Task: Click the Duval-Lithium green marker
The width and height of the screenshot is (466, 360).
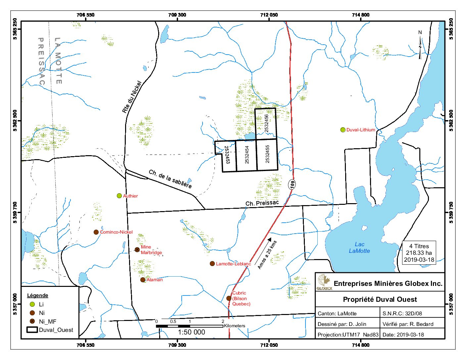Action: coord(343,130)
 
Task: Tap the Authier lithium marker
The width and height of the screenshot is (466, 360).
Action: coord(119,196)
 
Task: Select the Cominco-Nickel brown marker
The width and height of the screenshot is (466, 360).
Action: coord(96,232)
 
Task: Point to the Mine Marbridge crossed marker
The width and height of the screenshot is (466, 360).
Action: coord(137,249)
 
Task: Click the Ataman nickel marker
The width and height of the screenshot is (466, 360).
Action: coord(143,280)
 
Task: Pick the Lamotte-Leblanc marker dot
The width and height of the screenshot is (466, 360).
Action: coord(212,264)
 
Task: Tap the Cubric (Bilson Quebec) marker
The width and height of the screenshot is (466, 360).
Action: coord(229,298)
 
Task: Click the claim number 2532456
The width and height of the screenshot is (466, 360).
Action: coord(267,124)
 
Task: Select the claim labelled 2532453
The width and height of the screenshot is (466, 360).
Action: coord(227,155)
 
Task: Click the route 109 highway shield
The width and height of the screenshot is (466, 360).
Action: coord(292,184)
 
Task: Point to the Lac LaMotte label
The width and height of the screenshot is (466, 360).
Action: coord(359,247)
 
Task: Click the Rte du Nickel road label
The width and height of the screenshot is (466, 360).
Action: coord(132,97)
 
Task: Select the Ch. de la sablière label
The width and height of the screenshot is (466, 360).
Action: coord(170,179)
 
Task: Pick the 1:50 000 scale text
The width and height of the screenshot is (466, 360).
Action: coord(192,332)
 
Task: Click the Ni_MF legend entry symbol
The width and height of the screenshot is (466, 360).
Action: coord(32,321)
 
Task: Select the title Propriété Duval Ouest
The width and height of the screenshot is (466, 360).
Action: coord(380,299)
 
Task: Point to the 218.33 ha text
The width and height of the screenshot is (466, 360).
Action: coord(419,253)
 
